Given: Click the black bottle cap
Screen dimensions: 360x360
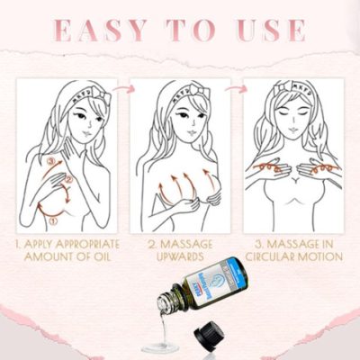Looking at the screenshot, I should tap(211, 339).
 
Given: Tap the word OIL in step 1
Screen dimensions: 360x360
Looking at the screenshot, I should tap(105, 256).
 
